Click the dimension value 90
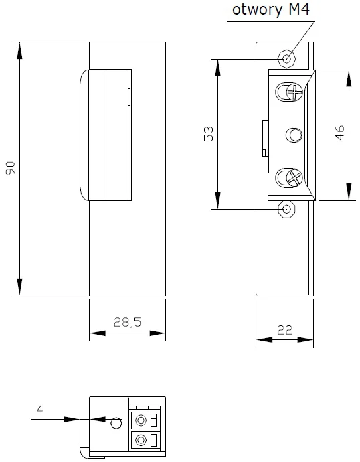coord(11,169)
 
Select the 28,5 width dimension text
coord(127,322)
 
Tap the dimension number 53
coord(207,135)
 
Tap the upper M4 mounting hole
coord(288,59)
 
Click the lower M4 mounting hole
coord(288,209)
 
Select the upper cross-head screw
coord(288,92)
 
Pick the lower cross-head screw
coord(288,178)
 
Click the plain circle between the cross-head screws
coord(292,135)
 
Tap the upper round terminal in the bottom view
coord(141,421)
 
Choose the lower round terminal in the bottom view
coord(141,441)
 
